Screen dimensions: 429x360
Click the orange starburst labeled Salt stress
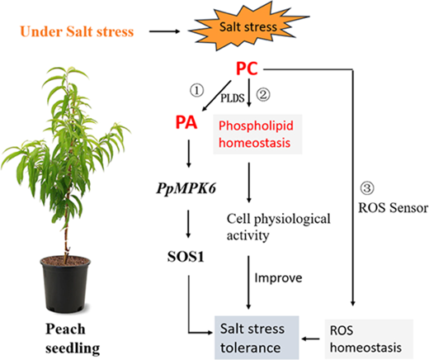[x=248, y=27]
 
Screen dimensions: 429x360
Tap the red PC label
[x=247, y=69]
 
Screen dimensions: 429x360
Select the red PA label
[x=186, y=122]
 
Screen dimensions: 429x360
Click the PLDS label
[x=233, y=98]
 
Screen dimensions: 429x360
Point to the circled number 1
[x=197, y=91]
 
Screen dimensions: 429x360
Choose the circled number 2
[x=263, y=94]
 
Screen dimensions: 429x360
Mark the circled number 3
[x=367, y=188]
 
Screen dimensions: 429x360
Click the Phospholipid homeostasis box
[x=257, y=134]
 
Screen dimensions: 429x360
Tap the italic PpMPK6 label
[x=186, y=189]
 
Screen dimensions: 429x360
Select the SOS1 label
[x=186, y=257]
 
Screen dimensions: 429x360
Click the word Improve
[x=278, y=278]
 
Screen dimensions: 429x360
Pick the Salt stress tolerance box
[x=257, y=338]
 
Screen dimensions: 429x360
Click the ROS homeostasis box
[x=369, y=339]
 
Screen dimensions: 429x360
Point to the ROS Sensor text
[x=394, y=208]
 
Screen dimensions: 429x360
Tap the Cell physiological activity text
[x=279, y=227]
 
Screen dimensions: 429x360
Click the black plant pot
[x=65, y=284]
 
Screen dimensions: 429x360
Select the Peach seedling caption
[x=73, y=339]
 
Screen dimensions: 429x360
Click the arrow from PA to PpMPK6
[x=189, y=154]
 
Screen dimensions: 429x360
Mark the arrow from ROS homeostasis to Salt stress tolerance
[x=310, y=339]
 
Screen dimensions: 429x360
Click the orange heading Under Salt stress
[x=77, y=31]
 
